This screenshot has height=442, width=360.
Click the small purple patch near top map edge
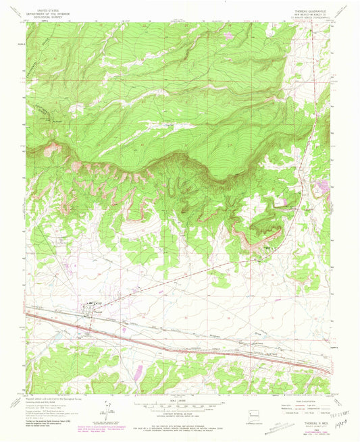(228, 35)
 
